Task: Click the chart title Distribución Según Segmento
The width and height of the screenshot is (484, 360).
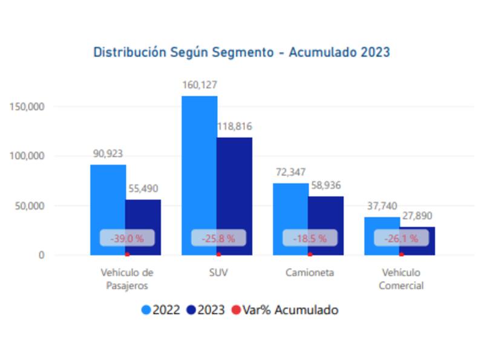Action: (x=241, y=52)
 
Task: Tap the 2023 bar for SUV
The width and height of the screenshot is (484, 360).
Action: (x=234, y=182)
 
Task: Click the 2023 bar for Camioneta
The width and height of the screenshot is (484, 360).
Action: (x=325, y=212)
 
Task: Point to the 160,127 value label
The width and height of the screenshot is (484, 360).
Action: (x=199, y=85)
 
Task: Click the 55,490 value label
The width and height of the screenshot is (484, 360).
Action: (x=143, y=189)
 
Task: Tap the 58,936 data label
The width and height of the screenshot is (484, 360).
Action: (x=326, y=185)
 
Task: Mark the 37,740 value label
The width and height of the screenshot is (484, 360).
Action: (x=382, y=206)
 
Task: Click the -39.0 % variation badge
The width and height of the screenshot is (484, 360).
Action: (x=127, y=238)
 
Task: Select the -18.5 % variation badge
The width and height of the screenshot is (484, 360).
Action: (x=310, y=238)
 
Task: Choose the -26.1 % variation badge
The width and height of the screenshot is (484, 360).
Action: (x=401, y=238)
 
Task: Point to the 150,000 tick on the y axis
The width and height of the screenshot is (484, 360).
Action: (x=28, y=106)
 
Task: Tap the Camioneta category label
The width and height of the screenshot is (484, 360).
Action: (x=310, y=273)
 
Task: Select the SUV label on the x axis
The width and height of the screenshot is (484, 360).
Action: (x=218, y=273)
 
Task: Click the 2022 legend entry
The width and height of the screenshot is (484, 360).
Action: (x=161, y=310)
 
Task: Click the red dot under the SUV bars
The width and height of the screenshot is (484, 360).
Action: (x=218, y=255)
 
